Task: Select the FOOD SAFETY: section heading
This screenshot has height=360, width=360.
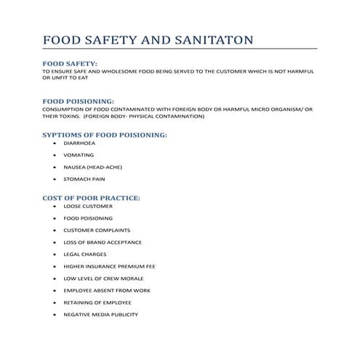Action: coord(71,64)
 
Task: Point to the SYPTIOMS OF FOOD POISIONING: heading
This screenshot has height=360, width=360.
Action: coord(105,135)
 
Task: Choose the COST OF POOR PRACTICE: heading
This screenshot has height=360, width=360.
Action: coord(92,198)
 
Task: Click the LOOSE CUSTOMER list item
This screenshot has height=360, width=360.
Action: coord(88,206)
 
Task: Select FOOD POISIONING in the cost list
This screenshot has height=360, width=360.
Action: coord(88,218)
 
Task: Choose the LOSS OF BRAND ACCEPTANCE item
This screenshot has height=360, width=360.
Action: coord(103,242)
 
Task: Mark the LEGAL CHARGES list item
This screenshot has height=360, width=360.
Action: coord(85,255)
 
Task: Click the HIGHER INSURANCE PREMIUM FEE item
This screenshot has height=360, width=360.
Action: coord(109,266)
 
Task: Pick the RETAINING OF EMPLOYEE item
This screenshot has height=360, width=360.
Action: coord(96,303)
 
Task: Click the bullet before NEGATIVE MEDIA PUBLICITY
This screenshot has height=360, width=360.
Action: coord(55,314)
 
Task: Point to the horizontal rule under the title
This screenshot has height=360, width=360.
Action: coord(180,48)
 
